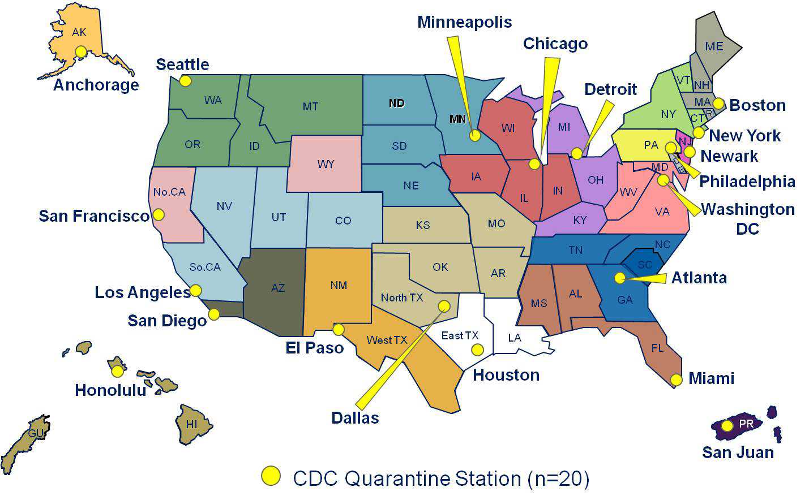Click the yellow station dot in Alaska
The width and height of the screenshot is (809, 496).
pyautogui.click(x=81, y=52)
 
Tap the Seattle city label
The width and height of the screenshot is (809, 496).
pyautogui.click(x=182, y=64)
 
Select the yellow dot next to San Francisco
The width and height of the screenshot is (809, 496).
pyautogui.click(x=159, y=215)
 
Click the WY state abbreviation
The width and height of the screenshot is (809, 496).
pyautogui.click(x=326, y=165)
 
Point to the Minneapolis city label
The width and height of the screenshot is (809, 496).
pyautogui.click(x=464, y=22)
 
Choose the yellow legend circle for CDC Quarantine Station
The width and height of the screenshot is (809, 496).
pyautogui.click(x=271, y=476)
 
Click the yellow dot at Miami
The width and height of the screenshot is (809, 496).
pyautogui.click(x=676, y=379)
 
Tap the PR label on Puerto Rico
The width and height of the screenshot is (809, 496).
pyautogui.click(x=746, y=424)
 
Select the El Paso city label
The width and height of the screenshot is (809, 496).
pyautogui.click(x=314, y=348)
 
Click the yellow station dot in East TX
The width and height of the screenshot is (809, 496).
pyautogui.click(x=477, y=350)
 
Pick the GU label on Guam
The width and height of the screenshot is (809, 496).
pyautogui.click(x=36, y=433)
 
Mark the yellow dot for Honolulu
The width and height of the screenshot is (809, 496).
pyautogui.click(x=117, y=372)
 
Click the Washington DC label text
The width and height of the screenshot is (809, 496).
pyautogui.click(x=747, y=218)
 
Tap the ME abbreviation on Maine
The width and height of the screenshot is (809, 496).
pyautogui.click(x=714, y=46)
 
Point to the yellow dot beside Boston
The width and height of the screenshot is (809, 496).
pyautogui.click(x=718, y=103)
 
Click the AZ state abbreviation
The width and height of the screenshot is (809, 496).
pyautogui.click(x=277, y=288)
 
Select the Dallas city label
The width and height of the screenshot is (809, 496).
pyautogui.click(x=355, y=418)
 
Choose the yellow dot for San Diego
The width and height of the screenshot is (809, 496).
pyautogui.click(x=214, y=314)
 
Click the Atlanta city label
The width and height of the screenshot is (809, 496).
pyautogui.click(x=699, y=278)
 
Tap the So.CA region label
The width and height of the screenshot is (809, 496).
pyautogui.click(x=205, y=267)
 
